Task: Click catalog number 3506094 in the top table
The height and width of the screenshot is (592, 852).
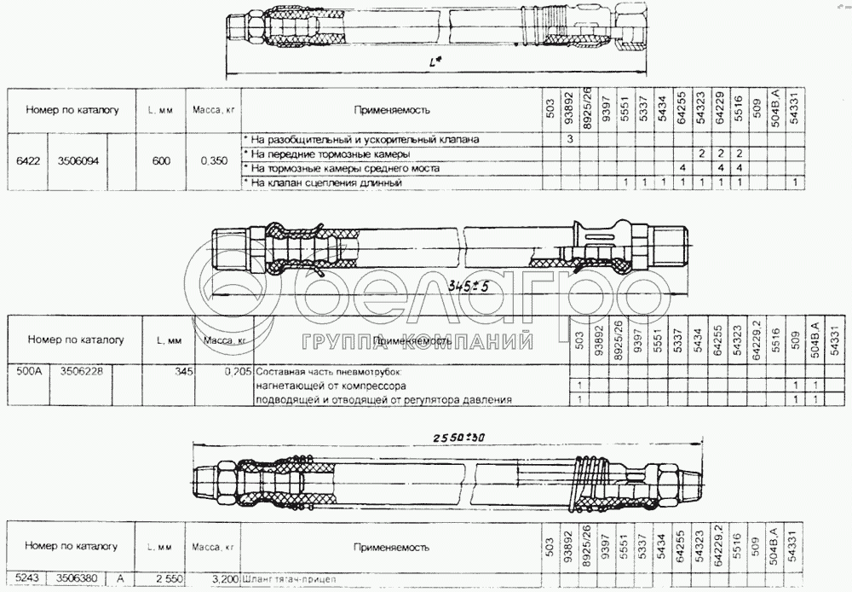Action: click(x=79, y=160)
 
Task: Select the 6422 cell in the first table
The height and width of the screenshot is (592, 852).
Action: click(x=26, y=160)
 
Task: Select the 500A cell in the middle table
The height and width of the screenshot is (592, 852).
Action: click(x=30, y=372)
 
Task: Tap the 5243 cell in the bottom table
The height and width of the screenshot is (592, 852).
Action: click(x=24, y=578)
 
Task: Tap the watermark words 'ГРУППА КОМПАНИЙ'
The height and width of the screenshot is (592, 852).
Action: click(x=416, y=341)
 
